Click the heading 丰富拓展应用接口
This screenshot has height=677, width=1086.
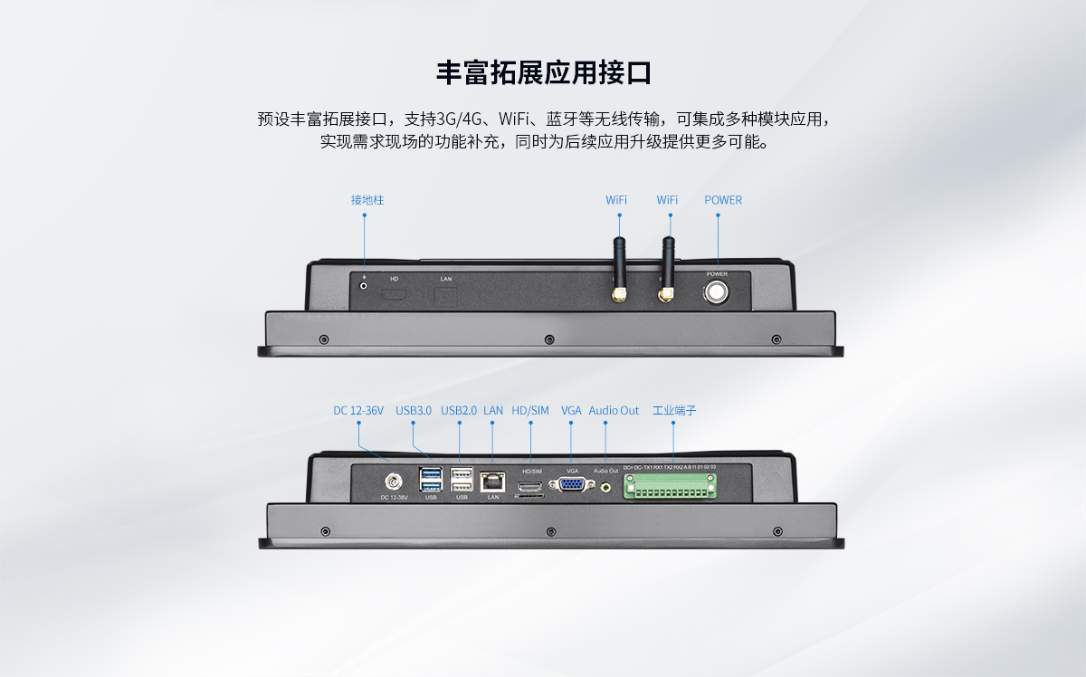point(543,72)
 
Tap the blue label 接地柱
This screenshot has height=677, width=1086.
point(367,199)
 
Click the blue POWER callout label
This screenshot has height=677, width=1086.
point(723,199)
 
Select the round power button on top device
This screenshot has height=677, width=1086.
point(717,292)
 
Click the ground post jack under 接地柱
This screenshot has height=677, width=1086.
point(365,286)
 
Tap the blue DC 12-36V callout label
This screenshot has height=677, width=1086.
point(358,411)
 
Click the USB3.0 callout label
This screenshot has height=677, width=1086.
point(414,411)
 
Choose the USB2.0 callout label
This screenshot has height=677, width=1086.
point(459,411)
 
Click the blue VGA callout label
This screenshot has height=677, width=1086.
point(571,411)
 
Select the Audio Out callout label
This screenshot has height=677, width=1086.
point(614,411)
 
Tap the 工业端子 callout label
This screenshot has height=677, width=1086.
point(674,411)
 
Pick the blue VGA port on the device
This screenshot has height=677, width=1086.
point(572,485)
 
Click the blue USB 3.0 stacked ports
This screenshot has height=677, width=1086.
point(431,480)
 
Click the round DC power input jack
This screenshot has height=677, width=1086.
point(395,482)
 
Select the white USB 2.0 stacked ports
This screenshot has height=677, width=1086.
point(462,480)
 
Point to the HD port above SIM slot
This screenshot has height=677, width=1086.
point(530,487)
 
